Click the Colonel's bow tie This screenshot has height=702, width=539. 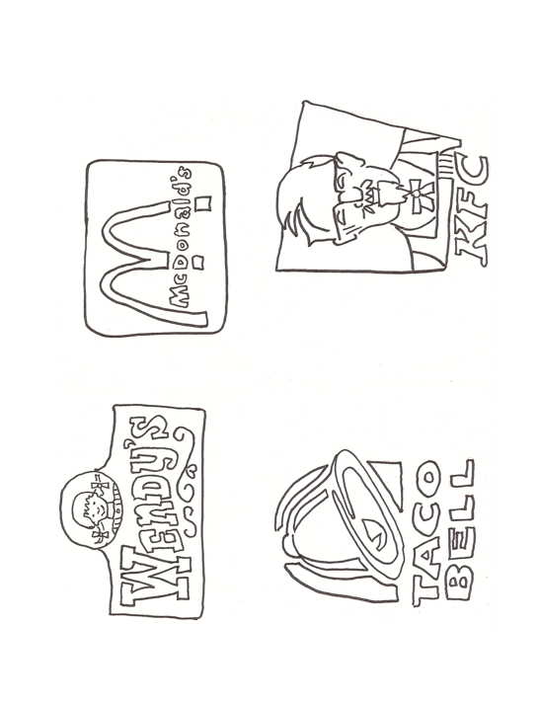(418, 194)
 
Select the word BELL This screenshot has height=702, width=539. (461, 528)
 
